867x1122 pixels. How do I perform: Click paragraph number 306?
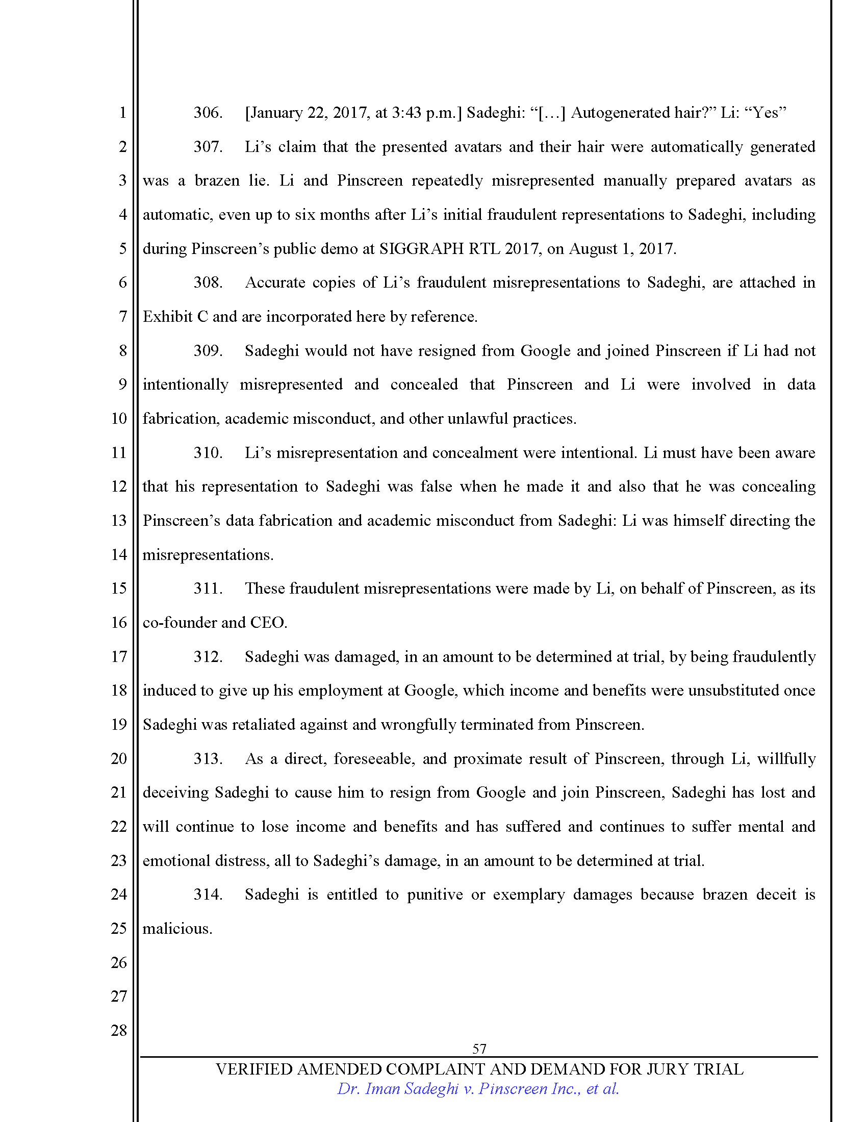coord(208,113)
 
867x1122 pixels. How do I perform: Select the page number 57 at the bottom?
coord(479,1049)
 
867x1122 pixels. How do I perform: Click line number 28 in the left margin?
coord(119,1030)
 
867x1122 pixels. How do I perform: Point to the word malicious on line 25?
coord(176,929)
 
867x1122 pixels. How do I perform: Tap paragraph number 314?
coord(208,895)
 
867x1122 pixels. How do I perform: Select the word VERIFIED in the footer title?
coord(254,1069)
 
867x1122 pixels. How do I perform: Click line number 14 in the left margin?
coord(119,554)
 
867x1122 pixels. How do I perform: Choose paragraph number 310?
coord(208,452)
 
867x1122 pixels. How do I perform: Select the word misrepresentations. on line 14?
coord(208,555)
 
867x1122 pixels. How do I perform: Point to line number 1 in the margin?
coord(122,113)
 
